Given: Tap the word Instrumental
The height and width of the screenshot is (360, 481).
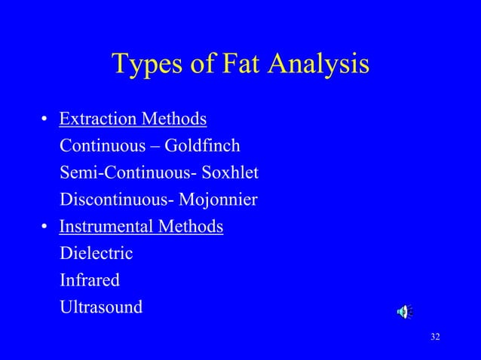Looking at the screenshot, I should (x=105, y=227).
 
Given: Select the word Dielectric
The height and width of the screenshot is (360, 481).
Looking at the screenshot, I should (x=96, y=254).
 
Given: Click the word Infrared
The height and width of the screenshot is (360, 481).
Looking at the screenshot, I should (x=90, y=280).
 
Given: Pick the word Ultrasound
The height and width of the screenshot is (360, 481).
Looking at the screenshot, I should (x=100, y=307).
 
